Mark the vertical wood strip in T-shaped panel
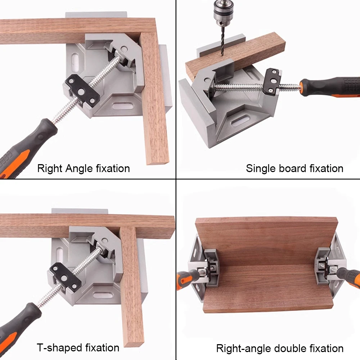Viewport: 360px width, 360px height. [132, 288]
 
